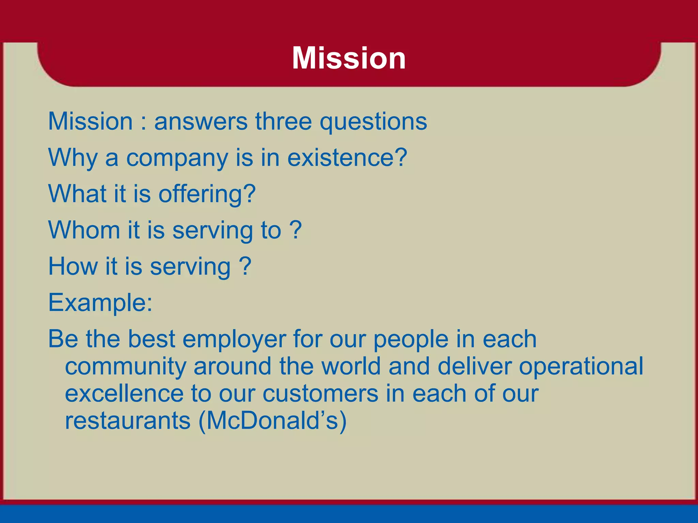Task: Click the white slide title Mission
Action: pos(349,58)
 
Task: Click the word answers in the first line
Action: pos(201,121)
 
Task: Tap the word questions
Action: pos(373,122)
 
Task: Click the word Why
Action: pos(73,158)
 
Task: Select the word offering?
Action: pos(207,194)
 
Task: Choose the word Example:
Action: pos(100,303)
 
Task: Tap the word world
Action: pos(351,366)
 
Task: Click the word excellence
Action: pos(124,394)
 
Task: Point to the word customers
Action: pos(320,394)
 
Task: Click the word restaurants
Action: pos(127,421)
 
